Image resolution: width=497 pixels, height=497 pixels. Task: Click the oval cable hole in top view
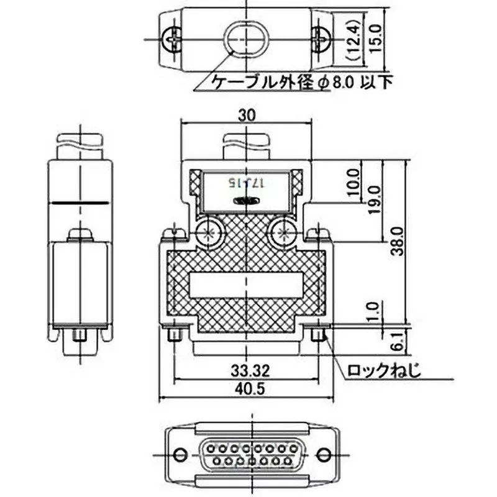click(x=244, y=39)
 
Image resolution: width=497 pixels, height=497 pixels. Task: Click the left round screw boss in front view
click(x=209, y=234)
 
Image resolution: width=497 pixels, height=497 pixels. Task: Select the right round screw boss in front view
click(x=283, y=234)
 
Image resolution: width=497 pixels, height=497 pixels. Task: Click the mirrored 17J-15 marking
click(x=245, y=183)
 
